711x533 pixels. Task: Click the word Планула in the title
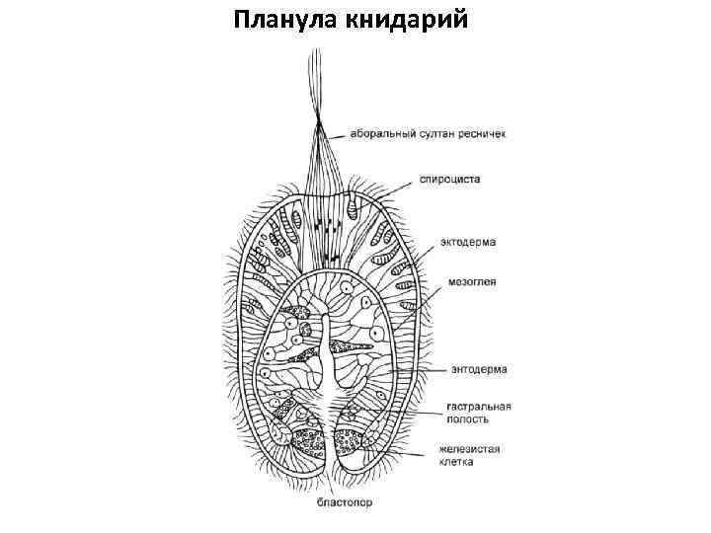click(287, 21)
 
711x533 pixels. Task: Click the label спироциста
click(449, 180)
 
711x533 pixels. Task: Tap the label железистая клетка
click(470, 455)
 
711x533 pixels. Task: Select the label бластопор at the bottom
click(345, 502)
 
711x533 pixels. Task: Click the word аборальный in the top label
click(379, 134)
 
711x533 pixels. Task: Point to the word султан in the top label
click(434, 134)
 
